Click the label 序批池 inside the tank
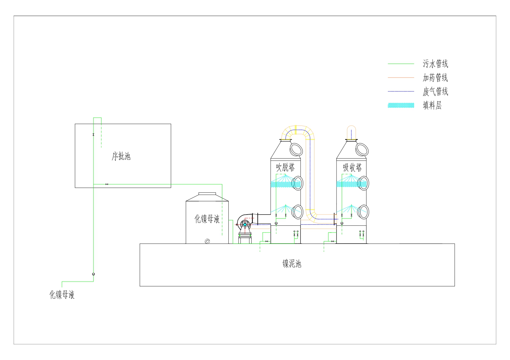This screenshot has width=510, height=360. [x=121, y=156]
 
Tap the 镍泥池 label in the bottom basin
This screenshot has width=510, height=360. [x=292, y=264]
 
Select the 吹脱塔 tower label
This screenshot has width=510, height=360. [x=285, y=167]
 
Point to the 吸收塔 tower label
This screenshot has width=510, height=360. [x=352, y=168]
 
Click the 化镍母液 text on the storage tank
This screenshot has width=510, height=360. [x=207, y=219]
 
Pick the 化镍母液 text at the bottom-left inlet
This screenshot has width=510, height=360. [x=62, y=295]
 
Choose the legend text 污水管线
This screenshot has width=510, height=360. [x=435, y=64]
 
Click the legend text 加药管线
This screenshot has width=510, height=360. [x=435, y=78]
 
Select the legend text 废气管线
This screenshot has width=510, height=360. [x=435, y=91]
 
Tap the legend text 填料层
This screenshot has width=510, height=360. [x=432, y=105]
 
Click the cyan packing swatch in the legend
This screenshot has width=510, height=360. [x=401, y=105]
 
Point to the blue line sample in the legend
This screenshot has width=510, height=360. [x=401, y=91]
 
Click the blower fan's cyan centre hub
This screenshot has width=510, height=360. [x=245, y=224]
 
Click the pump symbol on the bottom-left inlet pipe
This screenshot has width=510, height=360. [x=93, y=274]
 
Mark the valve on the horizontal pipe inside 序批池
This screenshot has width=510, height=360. [x=107, y=184]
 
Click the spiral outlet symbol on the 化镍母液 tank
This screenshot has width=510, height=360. [x=207, y=241]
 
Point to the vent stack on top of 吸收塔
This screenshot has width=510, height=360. [x=351, y=132]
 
